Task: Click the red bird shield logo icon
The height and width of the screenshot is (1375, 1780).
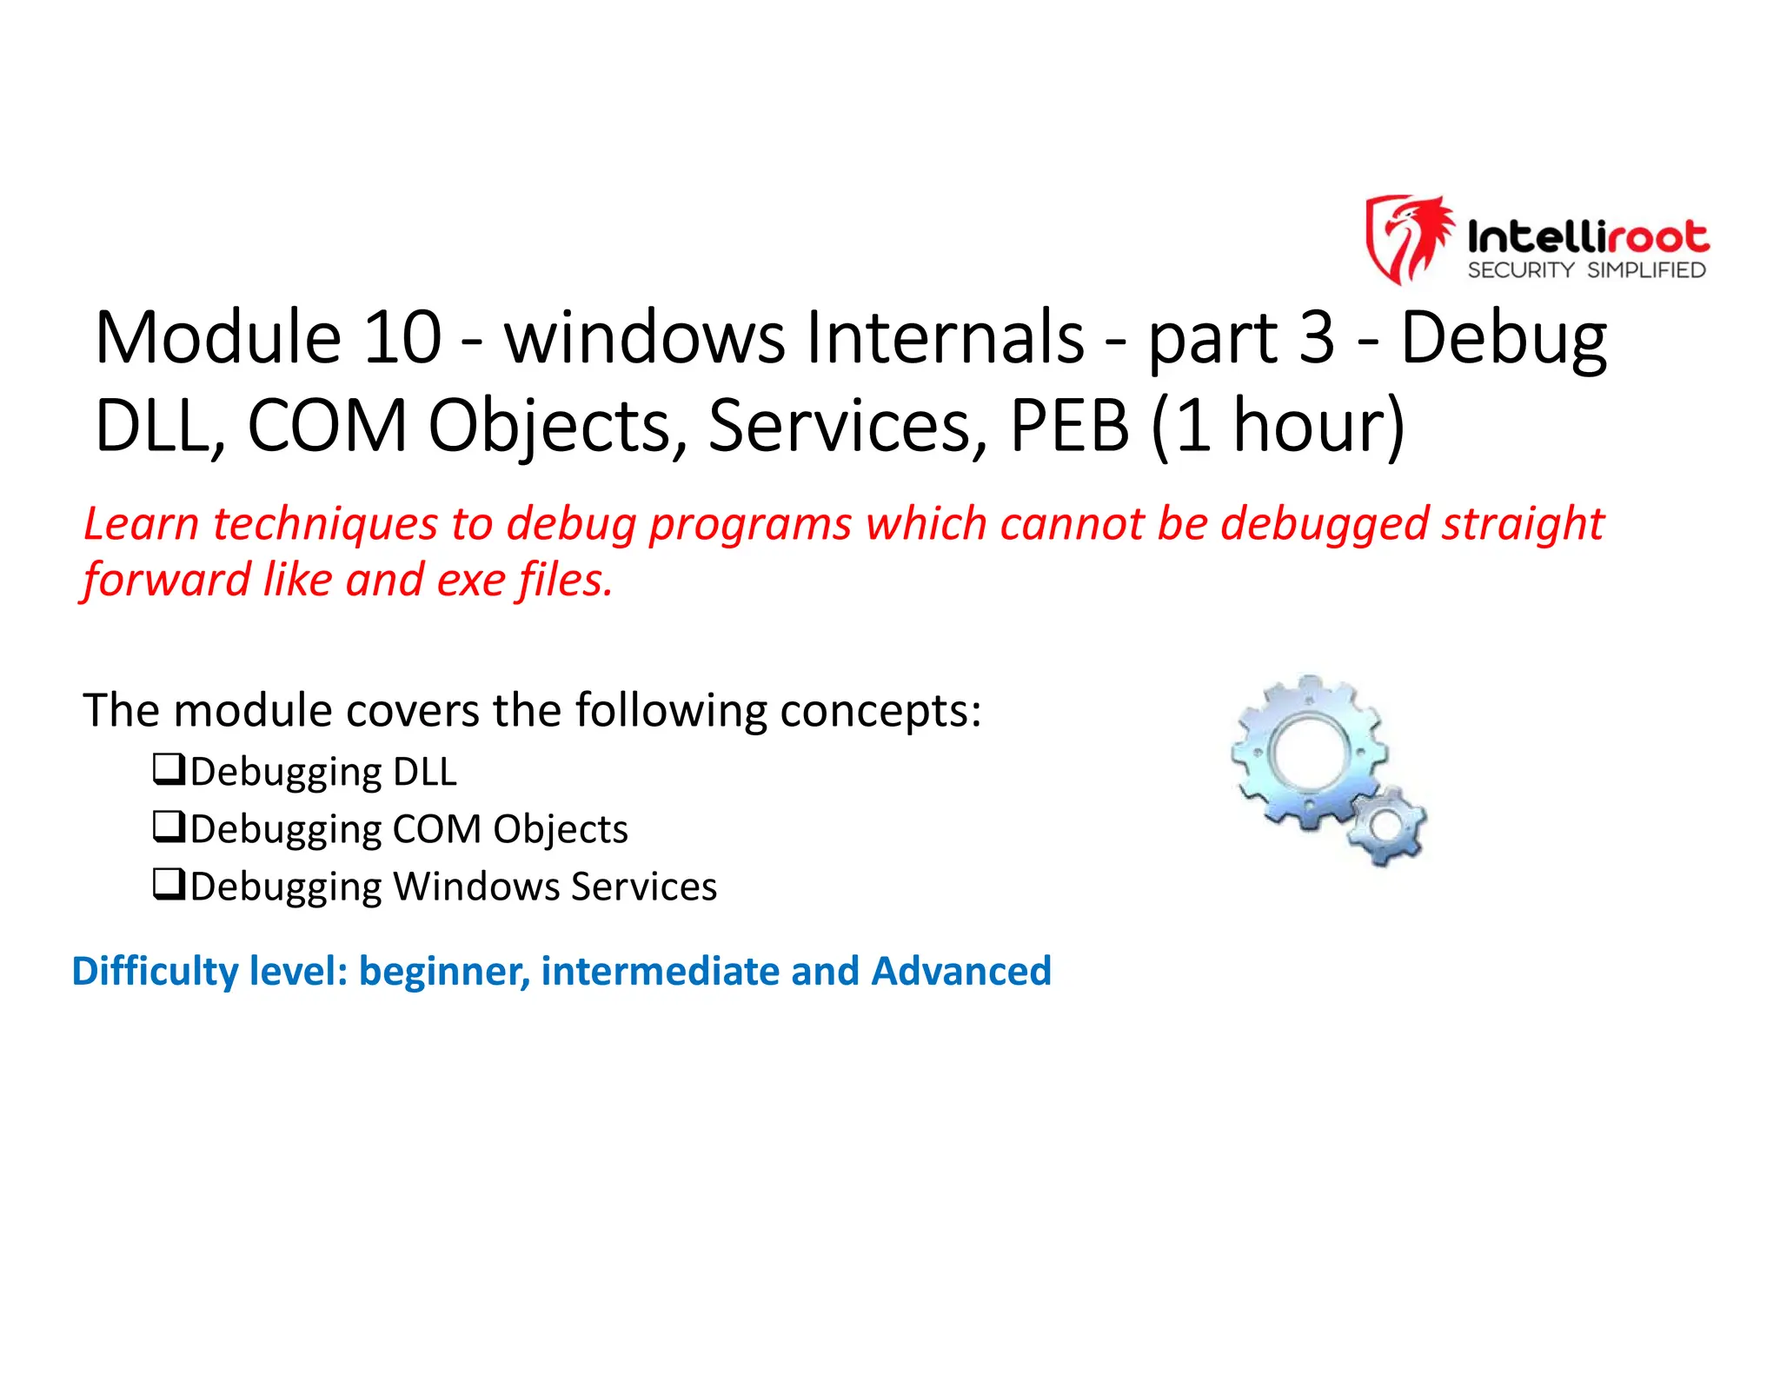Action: tap(1409, 238)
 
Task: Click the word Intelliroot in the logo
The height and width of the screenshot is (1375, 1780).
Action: tap(1587, 236)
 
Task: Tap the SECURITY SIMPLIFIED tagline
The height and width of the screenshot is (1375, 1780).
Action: tap(1586, 270)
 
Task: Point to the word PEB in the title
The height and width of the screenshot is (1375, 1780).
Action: tap(1069, 426)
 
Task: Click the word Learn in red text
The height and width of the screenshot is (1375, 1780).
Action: tap(142, 524)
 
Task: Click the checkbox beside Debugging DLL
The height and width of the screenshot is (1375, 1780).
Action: tap(169, 769)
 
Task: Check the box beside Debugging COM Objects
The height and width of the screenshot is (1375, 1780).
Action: tap(169, 827)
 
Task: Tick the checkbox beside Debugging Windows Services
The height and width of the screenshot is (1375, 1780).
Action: tap(169, 884)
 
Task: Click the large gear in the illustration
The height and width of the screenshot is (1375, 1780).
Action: tap(1309, 753)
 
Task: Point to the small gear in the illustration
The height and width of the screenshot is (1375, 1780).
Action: tap(1386, 825)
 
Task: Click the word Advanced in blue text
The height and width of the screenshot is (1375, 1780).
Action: tap(961, 971)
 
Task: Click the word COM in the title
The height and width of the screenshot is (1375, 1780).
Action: tap(327, 426)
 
